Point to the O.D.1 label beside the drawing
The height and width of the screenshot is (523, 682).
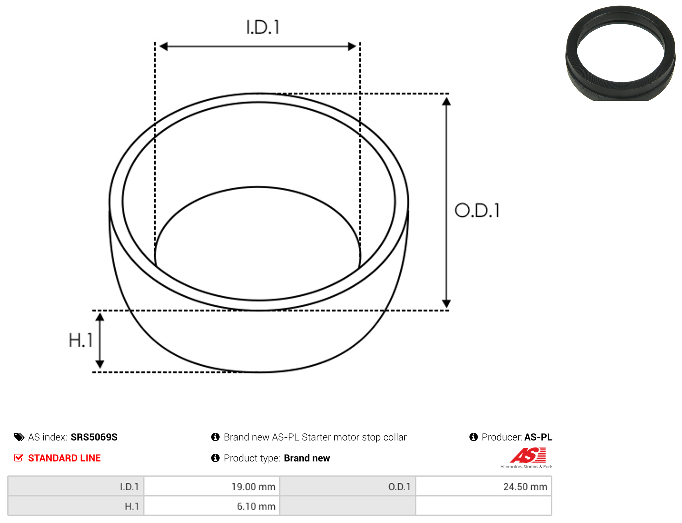[x=477, y=211]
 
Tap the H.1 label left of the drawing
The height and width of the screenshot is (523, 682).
[x=81, y=340]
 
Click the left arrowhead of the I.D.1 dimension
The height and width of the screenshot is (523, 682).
[x=163, y=46]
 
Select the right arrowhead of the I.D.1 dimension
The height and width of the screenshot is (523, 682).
[x=352, y=46]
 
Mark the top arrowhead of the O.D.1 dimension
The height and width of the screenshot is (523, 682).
[x=446, y=102]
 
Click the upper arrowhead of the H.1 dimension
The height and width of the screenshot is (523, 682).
[x=100, y=317]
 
